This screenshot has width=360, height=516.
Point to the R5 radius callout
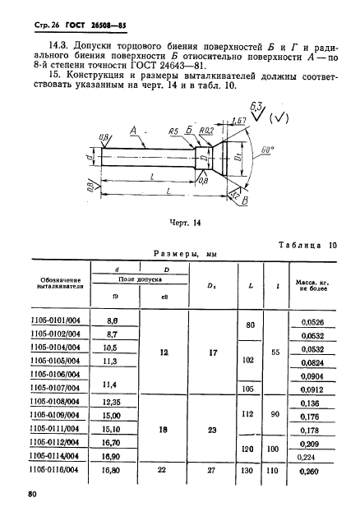coord(173,130)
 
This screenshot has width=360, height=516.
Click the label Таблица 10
coord(303,245)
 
